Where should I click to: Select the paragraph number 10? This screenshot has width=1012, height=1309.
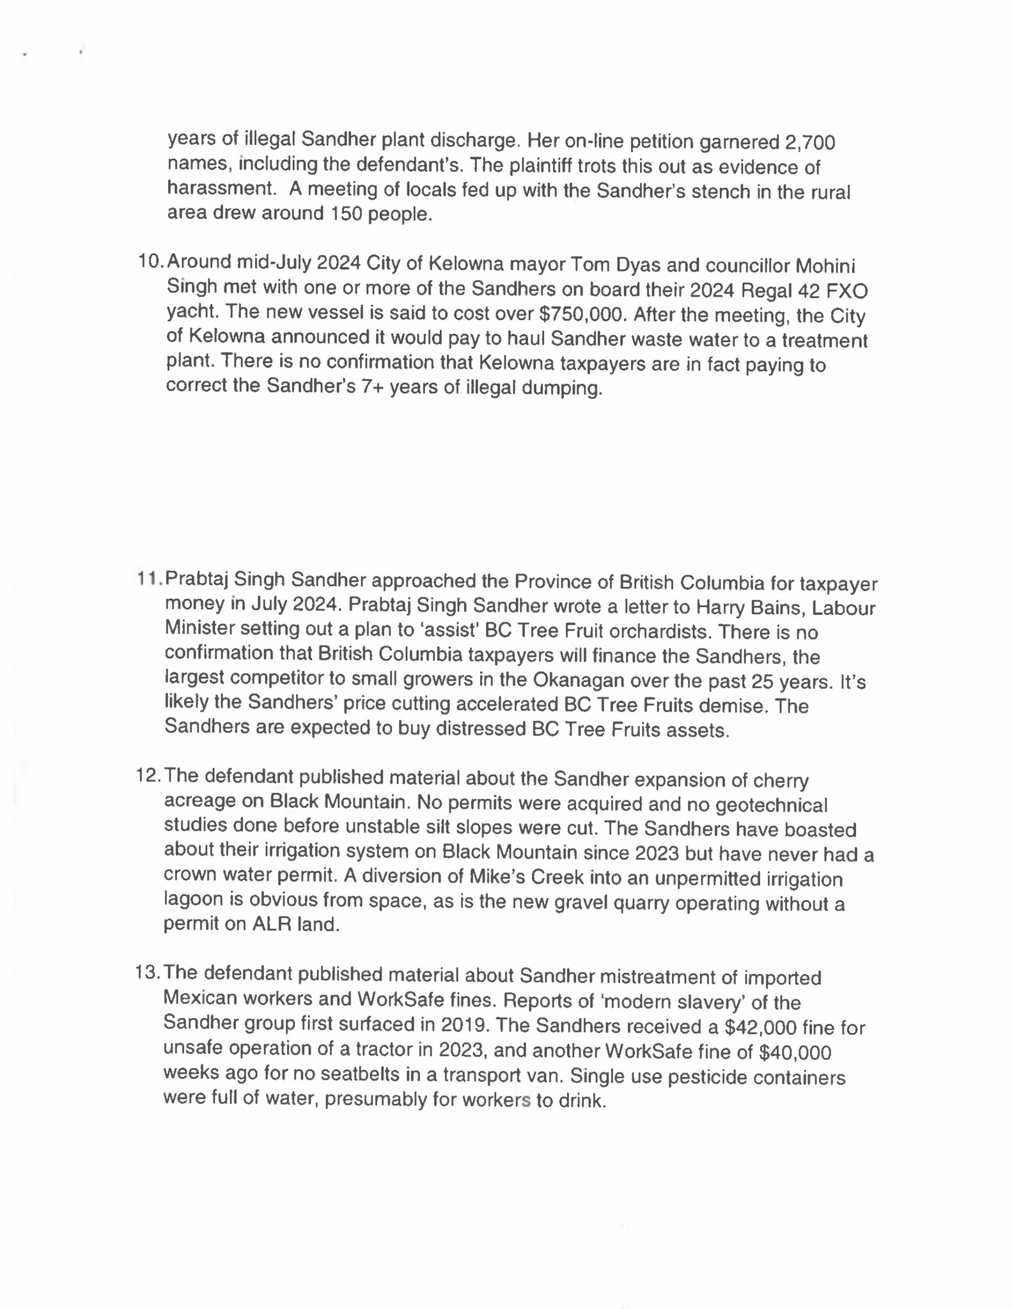pyautogui.click(x=151, y=261)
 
